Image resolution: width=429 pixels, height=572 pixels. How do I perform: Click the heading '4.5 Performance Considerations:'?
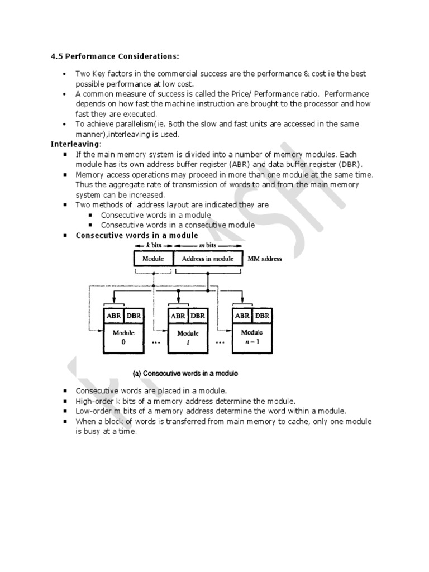[x=115, y=56]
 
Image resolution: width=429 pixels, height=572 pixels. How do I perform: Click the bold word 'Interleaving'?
[x=75, y=144]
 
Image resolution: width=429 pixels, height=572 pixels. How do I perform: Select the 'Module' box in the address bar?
[x=153, y=259]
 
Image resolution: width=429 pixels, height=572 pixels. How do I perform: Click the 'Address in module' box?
[x=208, y=259]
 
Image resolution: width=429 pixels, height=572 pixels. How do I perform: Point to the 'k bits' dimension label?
[x=153, y=246]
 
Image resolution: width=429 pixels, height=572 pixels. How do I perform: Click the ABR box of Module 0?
[x=114, y=316]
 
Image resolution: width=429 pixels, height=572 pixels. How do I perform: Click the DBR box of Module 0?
[x=134, y=316]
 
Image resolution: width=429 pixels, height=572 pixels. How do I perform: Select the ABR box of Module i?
[x=178, y=316]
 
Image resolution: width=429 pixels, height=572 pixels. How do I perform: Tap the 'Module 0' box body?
[x=123, y=338]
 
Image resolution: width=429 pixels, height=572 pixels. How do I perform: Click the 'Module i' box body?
[x=188, y=338]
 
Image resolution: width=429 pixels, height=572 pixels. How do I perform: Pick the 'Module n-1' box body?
[x=252, y=338]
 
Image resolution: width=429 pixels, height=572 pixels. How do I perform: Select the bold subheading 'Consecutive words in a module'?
[x=136, y=235]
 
